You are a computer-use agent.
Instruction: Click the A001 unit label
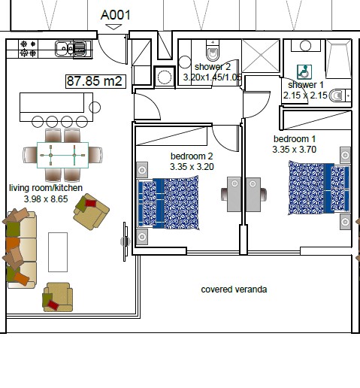(x=116, y=15)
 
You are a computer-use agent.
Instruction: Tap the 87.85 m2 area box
(x=95, y=81)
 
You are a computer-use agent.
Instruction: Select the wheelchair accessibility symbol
(x=304, y=72)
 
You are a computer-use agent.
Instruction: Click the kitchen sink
(x=71, y=49)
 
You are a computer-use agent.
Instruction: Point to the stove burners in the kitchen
(x=28, y=49)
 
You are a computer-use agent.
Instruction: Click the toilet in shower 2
(x=213, y=51)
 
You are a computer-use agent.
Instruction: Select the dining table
(x=62, y=155)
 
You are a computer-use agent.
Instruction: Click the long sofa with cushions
(x=20, y=249)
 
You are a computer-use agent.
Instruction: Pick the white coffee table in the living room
(x=58, y=252)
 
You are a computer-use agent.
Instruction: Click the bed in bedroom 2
(x=168, y=203)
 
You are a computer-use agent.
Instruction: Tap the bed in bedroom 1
(x=319, y=188)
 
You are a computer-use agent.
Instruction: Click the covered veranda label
(x=234, y=289)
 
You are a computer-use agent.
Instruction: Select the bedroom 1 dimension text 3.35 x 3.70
(x=295, y=150)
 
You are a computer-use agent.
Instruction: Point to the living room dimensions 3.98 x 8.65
(x=46, y=199)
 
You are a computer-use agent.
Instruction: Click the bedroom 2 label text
(x=192, y=156)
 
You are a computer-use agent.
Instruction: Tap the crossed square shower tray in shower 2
(x=261, y=56)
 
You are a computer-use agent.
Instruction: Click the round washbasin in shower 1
(x=305, y=46)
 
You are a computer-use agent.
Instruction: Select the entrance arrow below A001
(x=113, y=27)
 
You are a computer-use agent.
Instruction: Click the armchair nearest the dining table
(x=91, y=211)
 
